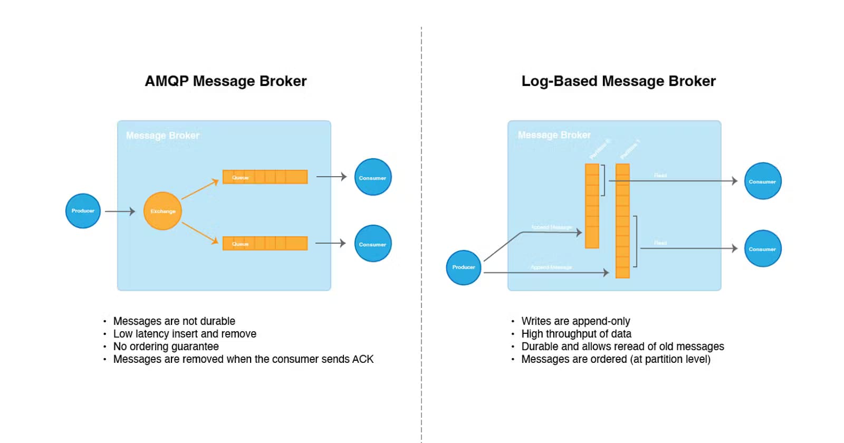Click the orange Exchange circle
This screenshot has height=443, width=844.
[162, 211]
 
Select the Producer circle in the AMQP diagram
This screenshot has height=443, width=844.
[83, 211]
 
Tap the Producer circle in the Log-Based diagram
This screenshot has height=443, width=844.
[464, 267]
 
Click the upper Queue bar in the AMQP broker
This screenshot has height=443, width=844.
[265, 177]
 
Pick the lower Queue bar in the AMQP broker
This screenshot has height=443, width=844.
[265, 243]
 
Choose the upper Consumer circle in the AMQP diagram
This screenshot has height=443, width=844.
[373, 177]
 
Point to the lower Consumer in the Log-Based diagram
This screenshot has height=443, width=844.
[762, 248]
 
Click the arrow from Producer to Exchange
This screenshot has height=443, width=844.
[120, 211]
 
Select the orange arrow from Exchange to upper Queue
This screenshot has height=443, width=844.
[200, 189]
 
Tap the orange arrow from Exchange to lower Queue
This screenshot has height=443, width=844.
[200, 233]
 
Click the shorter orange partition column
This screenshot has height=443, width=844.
[592, 206]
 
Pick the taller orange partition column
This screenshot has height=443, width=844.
[622, 221]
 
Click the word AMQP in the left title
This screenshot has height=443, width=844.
[166, 81]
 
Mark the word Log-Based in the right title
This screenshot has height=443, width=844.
[559, 81]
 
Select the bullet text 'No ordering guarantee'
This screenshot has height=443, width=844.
[166, 346]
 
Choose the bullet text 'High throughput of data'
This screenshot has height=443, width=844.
[576, 334]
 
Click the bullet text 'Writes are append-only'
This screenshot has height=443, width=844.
[576, 321]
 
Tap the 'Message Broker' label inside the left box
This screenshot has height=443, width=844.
[162, 136]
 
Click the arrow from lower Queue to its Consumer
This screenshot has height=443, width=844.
[330, 243]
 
